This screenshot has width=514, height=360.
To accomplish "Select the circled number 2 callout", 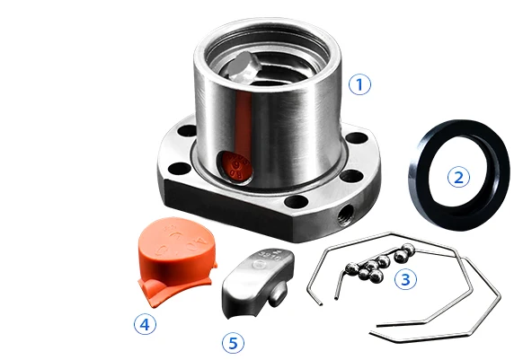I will point(458,177).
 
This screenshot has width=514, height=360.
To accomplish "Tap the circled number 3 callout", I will point(406,279).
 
